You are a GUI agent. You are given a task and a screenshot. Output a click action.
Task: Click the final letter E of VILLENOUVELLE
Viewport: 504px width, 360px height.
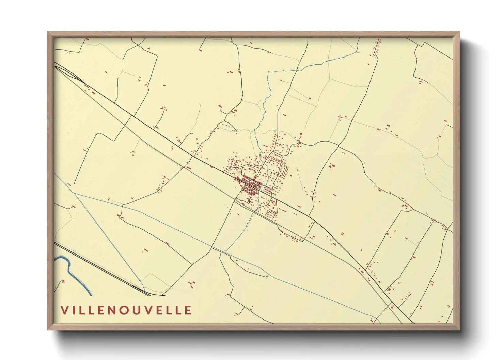click(x=187, y=310)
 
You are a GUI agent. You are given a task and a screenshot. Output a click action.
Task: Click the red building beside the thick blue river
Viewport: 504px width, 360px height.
click(x=63, y=281)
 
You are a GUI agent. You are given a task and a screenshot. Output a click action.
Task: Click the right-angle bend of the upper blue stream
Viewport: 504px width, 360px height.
click(x=269, y=72)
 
